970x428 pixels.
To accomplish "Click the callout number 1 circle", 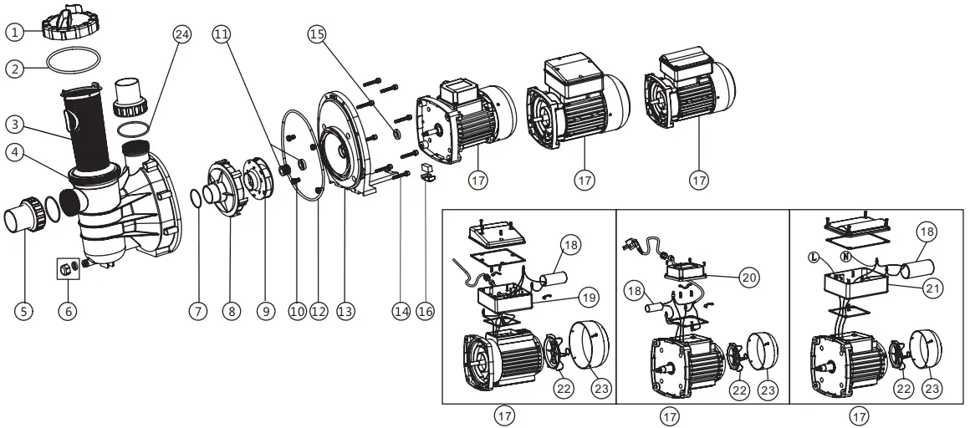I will pos(13,33).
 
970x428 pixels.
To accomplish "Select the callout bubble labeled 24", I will pos(181,33).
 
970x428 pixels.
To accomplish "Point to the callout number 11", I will pos(221,33).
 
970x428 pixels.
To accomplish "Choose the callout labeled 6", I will pos(67,311).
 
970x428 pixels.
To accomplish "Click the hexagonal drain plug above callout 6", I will pos(64,269).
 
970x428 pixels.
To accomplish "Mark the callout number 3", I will pos(13,125).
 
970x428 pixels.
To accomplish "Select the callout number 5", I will pos(23,311).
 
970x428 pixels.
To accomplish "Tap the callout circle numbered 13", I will pos(345,311).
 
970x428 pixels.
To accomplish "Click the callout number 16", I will pos(425,311).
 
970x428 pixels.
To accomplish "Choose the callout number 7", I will pos(197,311).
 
